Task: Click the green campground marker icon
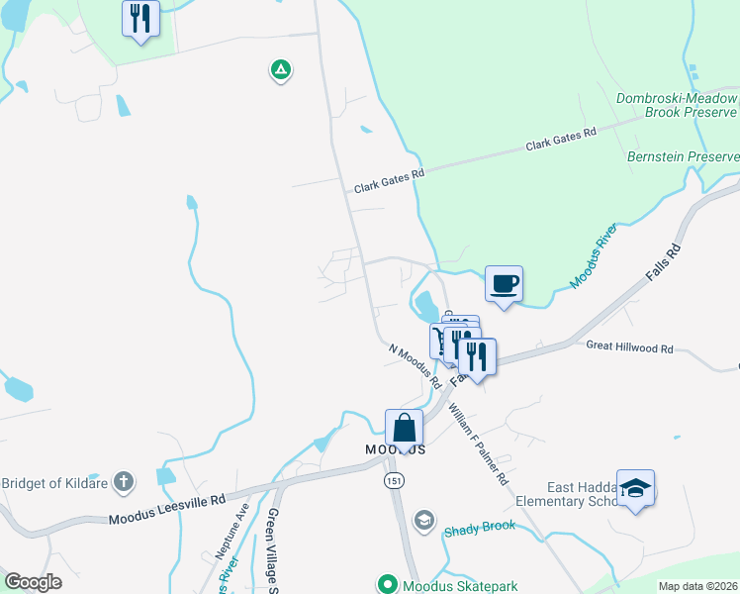(281, 69)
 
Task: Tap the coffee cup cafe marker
(504, 284)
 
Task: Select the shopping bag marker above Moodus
(405, 429)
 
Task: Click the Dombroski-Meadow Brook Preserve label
(678, 106)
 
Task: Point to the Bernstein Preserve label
(683, 156)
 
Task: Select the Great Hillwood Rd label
(629, 348)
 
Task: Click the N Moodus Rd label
(415, 366)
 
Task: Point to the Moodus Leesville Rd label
(167, 510)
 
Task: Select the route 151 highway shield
(395, 480)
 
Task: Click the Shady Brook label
(480, 527)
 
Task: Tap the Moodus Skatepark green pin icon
(387, 585)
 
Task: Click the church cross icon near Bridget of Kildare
(123, 482)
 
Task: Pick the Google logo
(34, 582)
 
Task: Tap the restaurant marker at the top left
(140, 18)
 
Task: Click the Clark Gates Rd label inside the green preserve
(562, 140)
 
